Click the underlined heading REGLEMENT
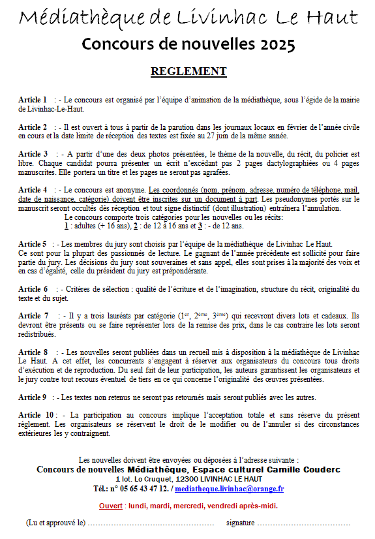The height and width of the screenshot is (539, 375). [188, 71]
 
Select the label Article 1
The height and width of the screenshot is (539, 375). [33, 99]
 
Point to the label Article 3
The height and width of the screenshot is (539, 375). [33, 153]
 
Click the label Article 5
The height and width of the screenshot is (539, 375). [33, 243]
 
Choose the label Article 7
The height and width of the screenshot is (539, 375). [33, 316]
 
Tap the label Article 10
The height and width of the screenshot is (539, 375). [37, 414]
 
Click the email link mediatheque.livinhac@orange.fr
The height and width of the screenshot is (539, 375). [229, 488]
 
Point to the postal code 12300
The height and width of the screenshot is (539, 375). [184, 478]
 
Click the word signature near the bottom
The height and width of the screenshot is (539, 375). [240, 523]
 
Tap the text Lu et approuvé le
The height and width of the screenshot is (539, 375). [56, 523]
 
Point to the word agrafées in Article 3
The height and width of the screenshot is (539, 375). [213, 172]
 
